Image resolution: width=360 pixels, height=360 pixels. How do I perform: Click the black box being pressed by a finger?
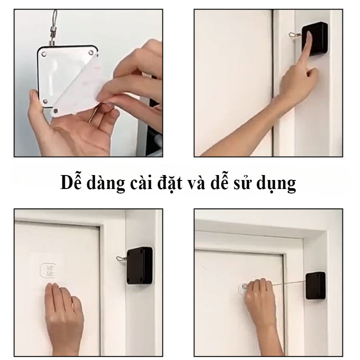tap(315, 39)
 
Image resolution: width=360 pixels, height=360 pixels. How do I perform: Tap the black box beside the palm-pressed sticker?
tap(140, 265)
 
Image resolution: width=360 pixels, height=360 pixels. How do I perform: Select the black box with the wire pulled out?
tap(315, 286)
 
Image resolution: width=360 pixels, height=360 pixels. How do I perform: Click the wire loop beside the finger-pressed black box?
tap(295, 35)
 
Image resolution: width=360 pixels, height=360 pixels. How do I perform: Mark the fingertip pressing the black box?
tap(309, 34)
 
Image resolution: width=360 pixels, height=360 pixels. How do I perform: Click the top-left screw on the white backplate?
tap(44, 54)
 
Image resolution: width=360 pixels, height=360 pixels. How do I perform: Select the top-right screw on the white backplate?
tap(91, 53)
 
